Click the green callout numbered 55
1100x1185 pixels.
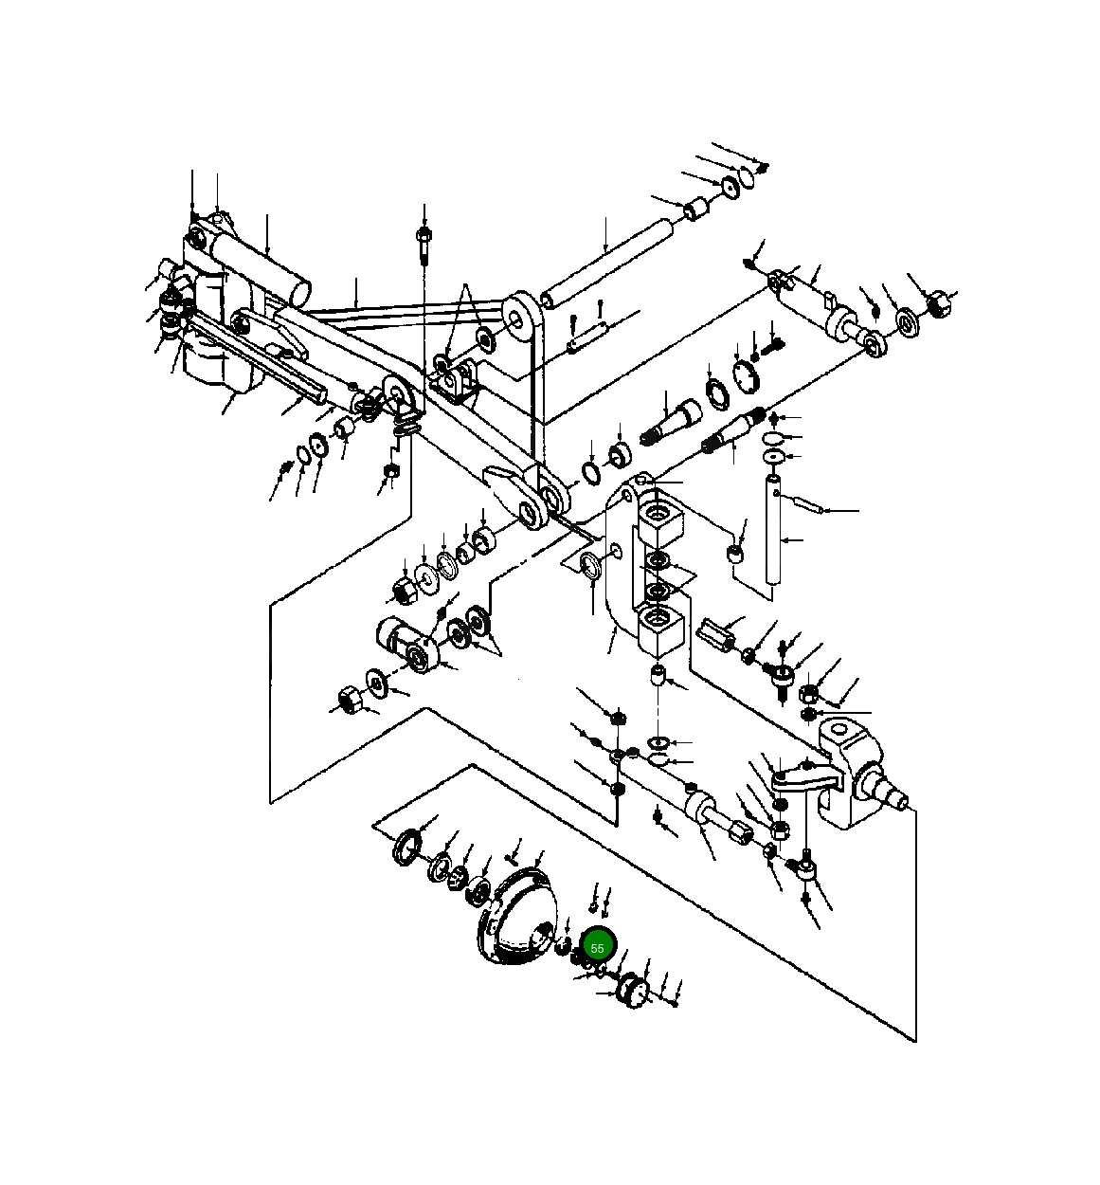tap(598, 947)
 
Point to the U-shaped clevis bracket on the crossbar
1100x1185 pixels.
tap(454, 379)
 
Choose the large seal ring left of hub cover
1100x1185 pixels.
tap(407, 845)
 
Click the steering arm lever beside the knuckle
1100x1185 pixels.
tap(805, 779)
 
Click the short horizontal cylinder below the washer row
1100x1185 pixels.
tap(404, 642)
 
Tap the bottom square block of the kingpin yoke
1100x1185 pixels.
tap(660, 629)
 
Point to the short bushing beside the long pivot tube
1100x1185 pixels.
tap(698, 208)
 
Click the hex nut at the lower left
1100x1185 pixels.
tap(348, 701)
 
